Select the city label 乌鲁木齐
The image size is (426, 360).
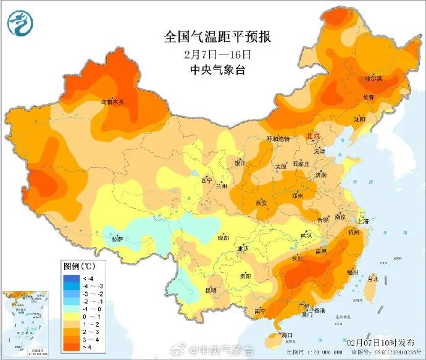coord(112,101)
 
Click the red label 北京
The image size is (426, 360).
coord(313,136)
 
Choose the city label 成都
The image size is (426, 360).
coord(222,238)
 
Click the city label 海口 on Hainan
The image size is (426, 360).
coord(286,335)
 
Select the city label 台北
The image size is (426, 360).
coord(372,279)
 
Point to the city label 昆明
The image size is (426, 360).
coord(211,290)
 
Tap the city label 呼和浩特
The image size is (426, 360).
coord(277,139)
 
